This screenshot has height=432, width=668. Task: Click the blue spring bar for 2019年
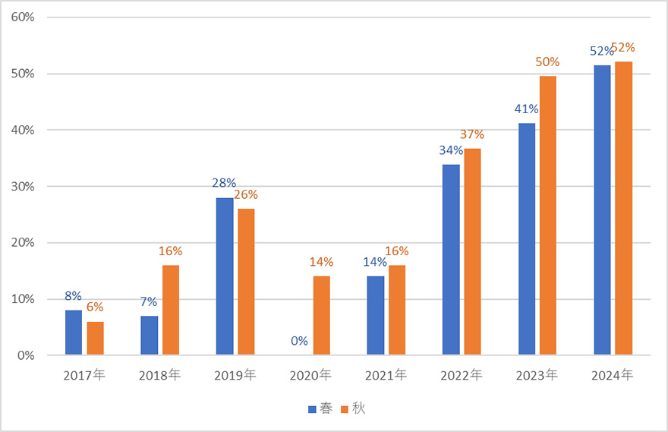click(x=225, y=276)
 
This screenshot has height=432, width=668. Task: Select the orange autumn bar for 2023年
click(x=547, y=216)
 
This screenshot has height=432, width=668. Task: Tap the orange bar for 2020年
click(x=321, y=316)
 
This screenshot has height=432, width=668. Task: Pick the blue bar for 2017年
click(x=74, y=333)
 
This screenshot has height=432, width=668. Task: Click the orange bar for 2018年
click(x=170, y=310)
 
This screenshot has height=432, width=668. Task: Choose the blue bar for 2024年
click(x=602, y=210)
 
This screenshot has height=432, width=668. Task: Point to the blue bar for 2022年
click(x=451, y=260)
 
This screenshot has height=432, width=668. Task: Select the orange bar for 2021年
click(x=397, y=310)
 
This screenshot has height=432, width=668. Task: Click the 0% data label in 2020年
click(x=300, y=341)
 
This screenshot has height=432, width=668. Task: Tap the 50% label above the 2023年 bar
click(x=547, y=62)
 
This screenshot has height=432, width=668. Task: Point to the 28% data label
click(x=225, y=183)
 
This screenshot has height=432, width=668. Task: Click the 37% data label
click(x=472, y=134)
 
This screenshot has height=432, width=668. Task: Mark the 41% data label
click(x=526, y=109)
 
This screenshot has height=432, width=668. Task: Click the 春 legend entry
click(x=319, y=409)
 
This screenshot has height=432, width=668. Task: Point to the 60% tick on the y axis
click(x=24, y=17)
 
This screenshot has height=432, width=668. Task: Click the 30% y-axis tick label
click(x=24, y=187)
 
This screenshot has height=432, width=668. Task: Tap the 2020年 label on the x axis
click(x=311, y=375)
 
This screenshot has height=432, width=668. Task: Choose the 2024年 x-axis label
click(x=612, y=375)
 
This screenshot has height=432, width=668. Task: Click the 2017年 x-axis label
click(x=84, y=375)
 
